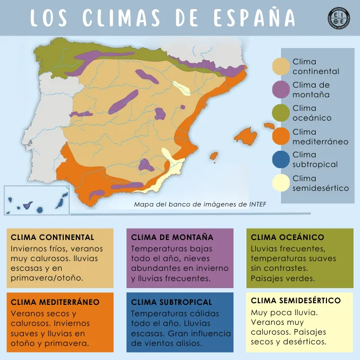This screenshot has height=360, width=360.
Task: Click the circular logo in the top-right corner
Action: [x=339, y=18]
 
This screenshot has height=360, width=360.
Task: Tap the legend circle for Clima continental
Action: [x=282, y=66]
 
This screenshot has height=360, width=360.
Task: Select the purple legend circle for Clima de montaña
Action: [x=282, y=90]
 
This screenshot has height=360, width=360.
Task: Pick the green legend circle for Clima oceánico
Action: [x=282, y=113]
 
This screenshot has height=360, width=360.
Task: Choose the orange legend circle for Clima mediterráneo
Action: [x=282, y=137]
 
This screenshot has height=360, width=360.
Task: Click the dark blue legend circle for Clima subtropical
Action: [x=282, y=160]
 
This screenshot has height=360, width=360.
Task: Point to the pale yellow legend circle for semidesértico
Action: [x=282, y=183]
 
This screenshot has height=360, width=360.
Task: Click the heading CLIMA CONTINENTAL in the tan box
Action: [x=52, y=237]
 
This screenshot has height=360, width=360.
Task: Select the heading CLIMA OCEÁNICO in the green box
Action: [x=288, y=237]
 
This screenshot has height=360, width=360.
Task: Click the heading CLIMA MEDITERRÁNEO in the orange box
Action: [x=55, y=302]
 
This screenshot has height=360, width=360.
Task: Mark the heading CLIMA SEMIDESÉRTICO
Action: [x=296, y=301]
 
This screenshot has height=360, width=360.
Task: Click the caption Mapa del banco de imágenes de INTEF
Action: [x=200, y=204]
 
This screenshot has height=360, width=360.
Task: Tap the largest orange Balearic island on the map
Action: [x=246, y=135]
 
